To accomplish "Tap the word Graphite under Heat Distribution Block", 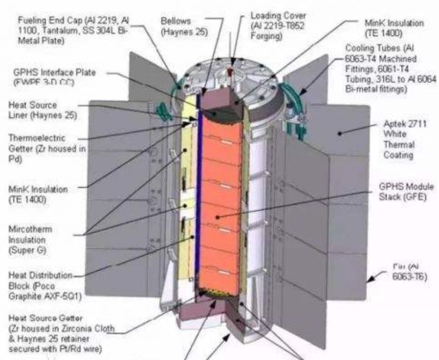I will click(x=43, y=296).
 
